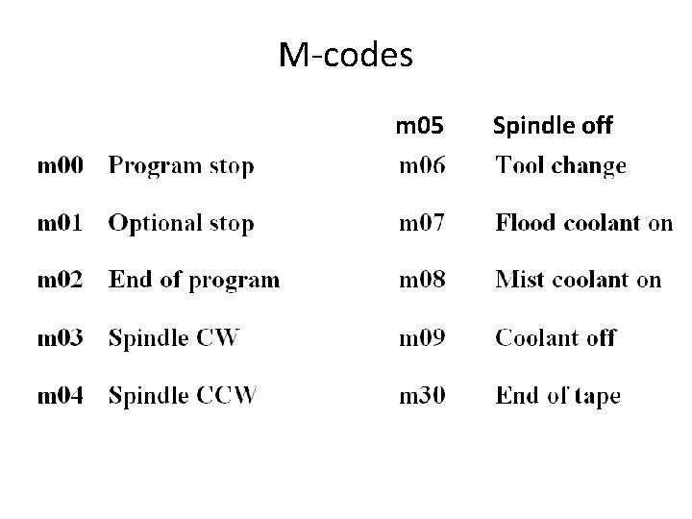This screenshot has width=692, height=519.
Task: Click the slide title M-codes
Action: pos(346,56)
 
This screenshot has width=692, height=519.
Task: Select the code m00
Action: pos(60,166)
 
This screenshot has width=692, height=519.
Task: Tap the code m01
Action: pos(60,223)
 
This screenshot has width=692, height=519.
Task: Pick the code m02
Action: pos(60,281)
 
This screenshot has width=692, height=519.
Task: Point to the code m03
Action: pos(60,338)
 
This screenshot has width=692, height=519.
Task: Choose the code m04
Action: pos(60,395)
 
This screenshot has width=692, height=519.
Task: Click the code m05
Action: pos(420,125)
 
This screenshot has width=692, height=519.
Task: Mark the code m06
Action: pos(422,166)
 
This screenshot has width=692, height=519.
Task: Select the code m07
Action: pos(422,223)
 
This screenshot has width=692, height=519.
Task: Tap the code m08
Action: pos(422,281)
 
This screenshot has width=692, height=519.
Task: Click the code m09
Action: pos(422,338)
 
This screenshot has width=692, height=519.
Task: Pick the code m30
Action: pos(422,395)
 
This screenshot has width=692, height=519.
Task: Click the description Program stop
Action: pos(182,167)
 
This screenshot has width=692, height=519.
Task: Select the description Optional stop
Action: pos(182,224)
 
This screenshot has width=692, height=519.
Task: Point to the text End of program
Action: pos(194,281)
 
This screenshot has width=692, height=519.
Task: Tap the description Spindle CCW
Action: pos(183,395)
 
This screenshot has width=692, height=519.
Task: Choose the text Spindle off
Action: pos(553,125)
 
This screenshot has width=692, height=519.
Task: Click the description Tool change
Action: pos(561,167)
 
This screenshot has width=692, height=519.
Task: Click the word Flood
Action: pos(526,223)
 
